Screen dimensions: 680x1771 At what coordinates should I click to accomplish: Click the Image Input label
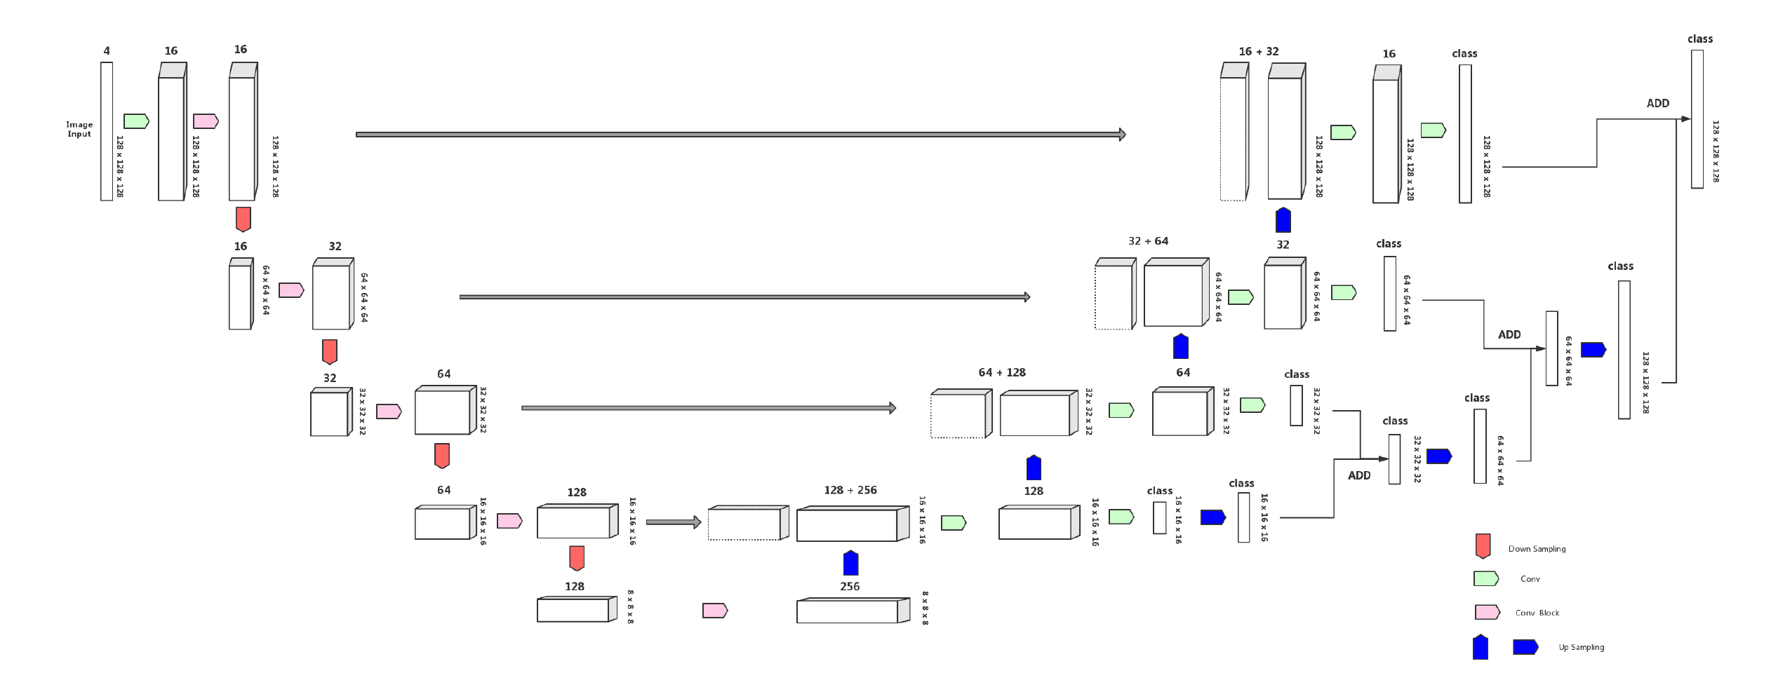(79, 129)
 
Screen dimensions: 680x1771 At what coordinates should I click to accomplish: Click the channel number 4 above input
(107, 51)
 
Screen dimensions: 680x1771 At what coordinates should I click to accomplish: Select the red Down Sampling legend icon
(1483, 546)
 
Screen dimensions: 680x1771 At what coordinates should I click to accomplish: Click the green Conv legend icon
(1486, 578)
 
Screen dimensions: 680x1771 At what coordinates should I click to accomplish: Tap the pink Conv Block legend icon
(1487, 612)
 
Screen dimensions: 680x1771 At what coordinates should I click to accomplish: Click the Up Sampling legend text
(1581, 647)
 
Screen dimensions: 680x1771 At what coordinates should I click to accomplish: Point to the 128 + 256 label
(850, 490)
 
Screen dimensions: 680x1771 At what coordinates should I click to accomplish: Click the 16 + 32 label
(1258, 51)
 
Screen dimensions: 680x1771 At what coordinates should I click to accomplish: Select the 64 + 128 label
(1001, 372)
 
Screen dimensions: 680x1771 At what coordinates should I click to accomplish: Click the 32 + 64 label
(1148, 241)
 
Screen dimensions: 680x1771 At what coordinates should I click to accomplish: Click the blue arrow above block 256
(850, 563)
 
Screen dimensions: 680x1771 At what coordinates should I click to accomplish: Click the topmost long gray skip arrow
(740, 134)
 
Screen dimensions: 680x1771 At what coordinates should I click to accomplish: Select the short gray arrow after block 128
(673, 522)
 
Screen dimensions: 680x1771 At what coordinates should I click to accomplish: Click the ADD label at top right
(1657, 103)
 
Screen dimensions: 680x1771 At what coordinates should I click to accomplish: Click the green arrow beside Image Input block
(136, 121)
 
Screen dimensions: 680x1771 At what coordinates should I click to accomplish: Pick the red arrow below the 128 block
(577, 558)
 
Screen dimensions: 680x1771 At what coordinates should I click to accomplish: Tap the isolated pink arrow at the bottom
(715, 611)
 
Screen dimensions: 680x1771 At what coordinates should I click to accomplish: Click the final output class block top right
(1697, 119)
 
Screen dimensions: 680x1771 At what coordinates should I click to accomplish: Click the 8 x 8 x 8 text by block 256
(925, 608)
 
